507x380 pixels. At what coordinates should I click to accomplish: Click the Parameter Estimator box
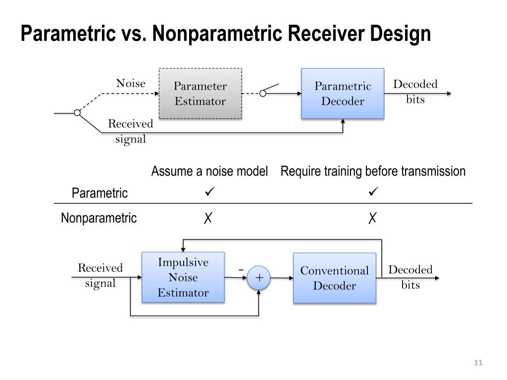pos(200,94)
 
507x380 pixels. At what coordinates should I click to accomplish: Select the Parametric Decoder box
pos(343,94)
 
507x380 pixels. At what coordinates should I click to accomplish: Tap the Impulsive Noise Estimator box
pos(183,277)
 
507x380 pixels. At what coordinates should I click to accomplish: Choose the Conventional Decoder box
pos(335,278)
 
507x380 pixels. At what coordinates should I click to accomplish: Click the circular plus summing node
pos(258,278)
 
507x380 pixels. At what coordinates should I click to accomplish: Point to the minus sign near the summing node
pos(241,269)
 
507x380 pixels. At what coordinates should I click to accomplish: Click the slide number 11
pos(478,363)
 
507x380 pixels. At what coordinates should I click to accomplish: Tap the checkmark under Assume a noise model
pos(209,191)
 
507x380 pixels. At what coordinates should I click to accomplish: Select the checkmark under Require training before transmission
pos(373,191)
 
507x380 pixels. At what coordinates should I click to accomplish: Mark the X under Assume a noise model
pos(208,218)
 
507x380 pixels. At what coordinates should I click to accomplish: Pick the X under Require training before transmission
pos(372,218)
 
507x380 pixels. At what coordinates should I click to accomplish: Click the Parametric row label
pos(100,193)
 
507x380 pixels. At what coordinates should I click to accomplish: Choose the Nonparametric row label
pos(99,218)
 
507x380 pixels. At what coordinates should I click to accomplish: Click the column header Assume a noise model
pos(209,171)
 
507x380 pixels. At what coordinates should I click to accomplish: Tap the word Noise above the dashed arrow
pos(131,83)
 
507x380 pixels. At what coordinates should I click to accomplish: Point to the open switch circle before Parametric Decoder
pos(263,94)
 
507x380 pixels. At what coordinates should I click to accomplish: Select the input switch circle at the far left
pos(77,113)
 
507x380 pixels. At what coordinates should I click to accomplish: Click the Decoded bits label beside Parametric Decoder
pos(415,92)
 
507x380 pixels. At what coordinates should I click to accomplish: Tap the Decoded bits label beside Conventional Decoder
pos(410,277)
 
